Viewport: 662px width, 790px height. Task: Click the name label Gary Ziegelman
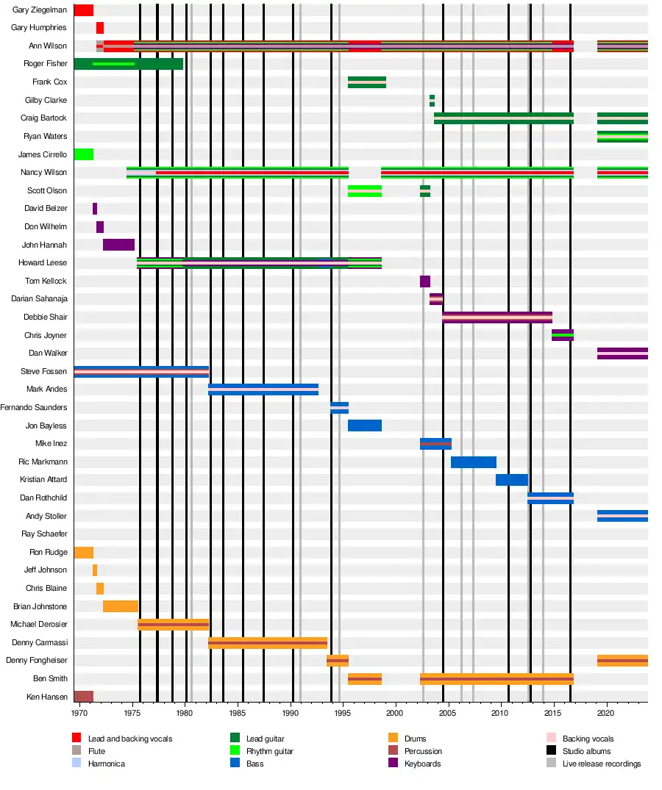tap(40, 10)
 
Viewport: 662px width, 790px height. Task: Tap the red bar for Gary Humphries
tap(99, 28)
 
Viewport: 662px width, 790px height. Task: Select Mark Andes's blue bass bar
tap(263, 389)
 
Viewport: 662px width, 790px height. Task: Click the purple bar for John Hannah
tap(118, 245)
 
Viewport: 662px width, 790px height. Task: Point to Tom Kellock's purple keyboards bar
tap(424, 281)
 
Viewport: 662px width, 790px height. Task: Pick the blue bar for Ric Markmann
tap(473, 462)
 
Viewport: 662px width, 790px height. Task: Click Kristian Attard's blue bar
tap(511, 480)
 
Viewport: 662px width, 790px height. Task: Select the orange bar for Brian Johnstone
tap(120, 606)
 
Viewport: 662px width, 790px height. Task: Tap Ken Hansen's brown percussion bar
tap(83, 697)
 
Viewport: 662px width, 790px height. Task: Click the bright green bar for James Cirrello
tap(83, 154)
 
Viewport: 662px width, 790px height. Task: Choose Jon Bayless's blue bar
tap(364, 425)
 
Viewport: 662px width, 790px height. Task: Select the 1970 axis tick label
tap(79, 713)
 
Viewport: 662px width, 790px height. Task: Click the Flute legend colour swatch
tap(76, 751)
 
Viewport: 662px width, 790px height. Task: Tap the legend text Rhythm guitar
tap(270, 751)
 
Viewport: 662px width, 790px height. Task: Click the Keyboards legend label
tap(422, 764)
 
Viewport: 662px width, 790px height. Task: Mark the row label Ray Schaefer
tap(44, 534)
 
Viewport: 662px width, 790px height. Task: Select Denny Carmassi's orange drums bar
tap(267, 643)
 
